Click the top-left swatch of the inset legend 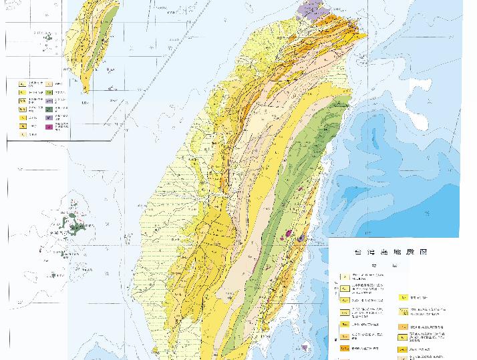point(22,83)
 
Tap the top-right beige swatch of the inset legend point(49,83)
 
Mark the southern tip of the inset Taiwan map point(85,91)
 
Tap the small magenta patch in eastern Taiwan point(289,233)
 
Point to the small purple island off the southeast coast point(305,347)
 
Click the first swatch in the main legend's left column point(343,276)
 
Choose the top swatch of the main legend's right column point(404,297)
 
